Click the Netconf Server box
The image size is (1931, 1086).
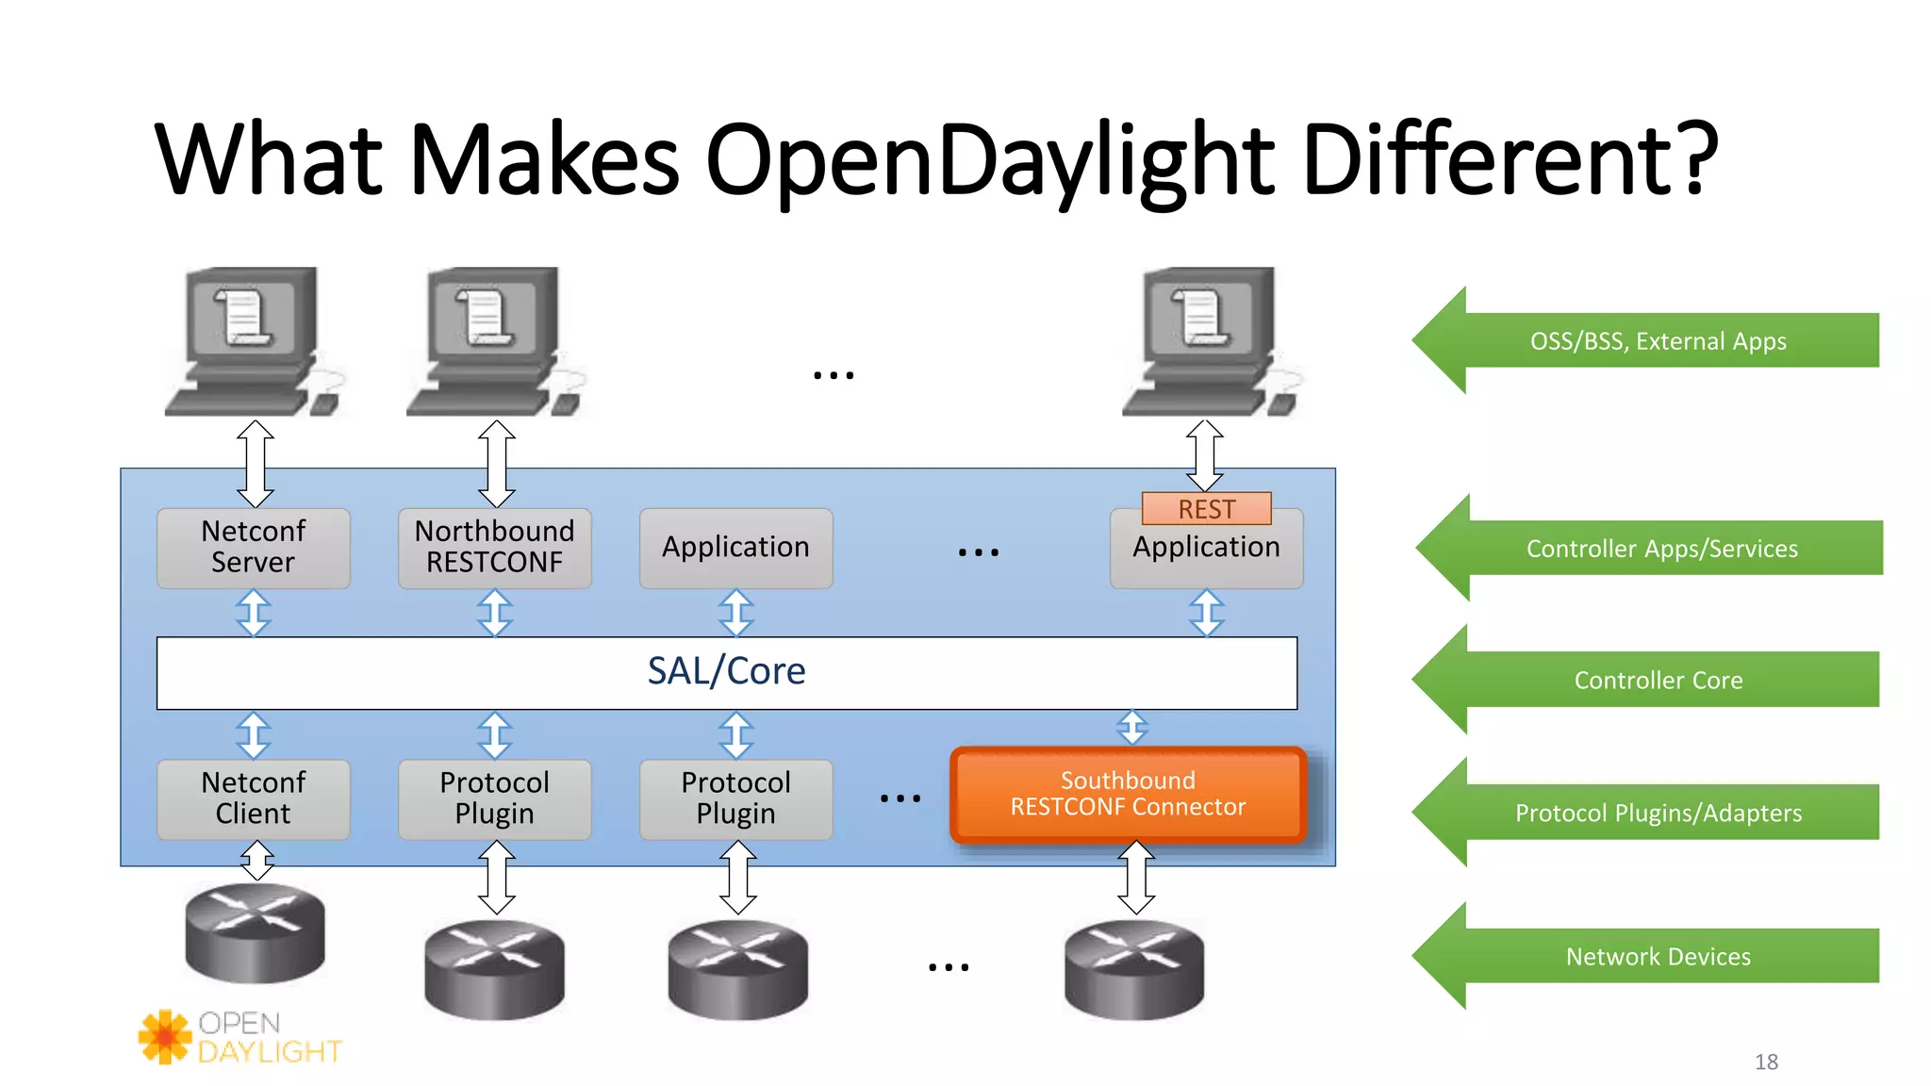[253, 548]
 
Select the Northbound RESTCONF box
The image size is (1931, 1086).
[494, 548]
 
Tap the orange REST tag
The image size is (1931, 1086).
[1206, 509]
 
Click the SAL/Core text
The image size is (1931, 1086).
[726, 671]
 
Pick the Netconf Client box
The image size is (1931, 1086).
[253, 798]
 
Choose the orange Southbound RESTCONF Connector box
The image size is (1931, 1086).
[1128, 795]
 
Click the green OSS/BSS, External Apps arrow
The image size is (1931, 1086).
[1657, 340]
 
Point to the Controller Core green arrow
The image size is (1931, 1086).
[1657, 680]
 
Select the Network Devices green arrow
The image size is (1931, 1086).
[1657, 956]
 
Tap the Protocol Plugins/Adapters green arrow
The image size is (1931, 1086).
[1657, 813]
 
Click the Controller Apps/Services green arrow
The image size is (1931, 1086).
[1660, 548]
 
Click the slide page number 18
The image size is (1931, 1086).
[1766, 1062]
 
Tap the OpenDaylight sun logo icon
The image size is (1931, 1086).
[165, 1036]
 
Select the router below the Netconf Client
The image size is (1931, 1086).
[255, 933]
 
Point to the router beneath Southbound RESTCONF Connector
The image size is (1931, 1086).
[1134, 969]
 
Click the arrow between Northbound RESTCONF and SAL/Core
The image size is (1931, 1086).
[495, 613]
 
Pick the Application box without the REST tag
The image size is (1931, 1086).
[735, 548]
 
